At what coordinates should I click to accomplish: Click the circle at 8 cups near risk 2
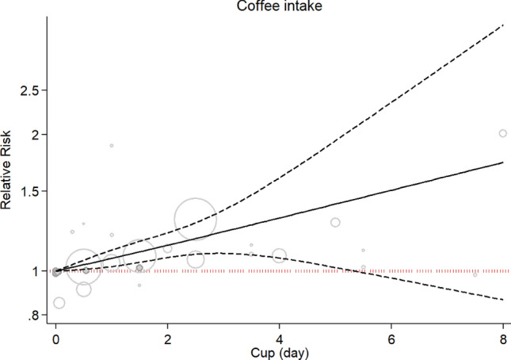pos(502,133)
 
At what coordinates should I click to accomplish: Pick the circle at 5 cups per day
pos(335,222)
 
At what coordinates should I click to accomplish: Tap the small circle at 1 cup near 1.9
pos(112,145)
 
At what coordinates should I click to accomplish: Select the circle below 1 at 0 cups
pos(59,303)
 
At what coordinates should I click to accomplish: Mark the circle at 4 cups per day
pos(279,255)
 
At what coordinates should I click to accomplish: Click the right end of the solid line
pos(503,162)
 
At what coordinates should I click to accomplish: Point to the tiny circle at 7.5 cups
pos(475,274)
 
